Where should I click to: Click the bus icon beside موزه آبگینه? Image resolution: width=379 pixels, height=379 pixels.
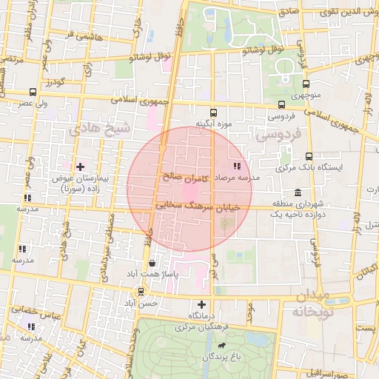pos(213,113)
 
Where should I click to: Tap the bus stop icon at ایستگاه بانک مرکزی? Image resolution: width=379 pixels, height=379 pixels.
pos(309,157)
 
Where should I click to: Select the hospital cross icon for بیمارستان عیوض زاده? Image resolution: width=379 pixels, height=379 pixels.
pos(81,167)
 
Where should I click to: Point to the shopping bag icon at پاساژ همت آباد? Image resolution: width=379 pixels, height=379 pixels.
pos(152,263)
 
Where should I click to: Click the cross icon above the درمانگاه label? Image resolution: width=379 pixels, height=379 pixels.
pos(201,304)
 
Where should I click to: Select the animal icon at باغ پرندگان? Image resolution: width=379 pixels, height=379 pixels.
pos(221,345)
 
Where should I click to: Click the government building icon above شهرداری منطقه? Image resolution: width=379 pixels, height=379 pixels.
pos(298,193)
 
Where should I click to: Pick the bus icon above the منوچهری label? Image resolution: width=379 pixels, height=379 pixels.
pos(306,84)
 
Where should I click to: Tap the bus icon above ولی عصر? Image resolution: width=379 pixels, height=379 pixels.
pos(33,93)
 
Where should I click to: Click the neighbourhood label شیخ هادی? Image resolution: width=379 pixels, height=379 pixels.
pos(99,128)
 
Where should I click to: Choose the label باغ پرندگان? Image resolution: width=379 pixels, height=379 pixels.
pos(222,358)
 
